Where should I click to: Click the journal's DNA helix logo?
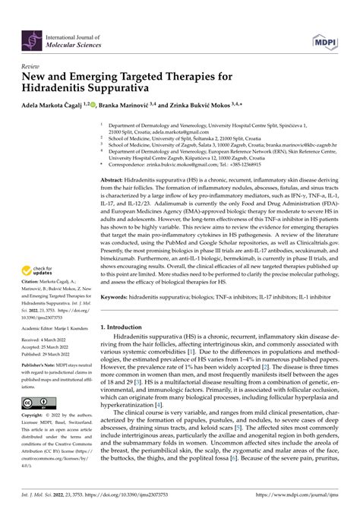30,28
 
